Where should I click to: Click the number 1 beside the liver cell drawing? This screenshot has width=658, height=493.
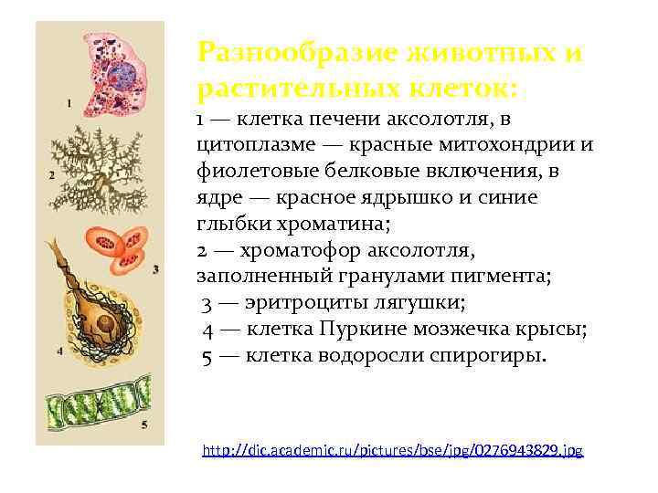(x=69, y=103)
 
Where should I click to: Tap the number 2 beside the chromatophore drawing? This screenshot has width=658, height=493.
(x=51, y=173)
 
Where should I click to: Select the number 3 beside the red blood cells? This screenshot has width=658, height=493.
(x=156, y=269)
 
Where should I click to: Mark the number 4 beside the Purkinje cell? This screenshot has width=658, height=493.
(x=58, y=350)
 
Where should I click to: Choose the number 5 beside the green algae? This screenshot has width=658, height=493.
(x=143, y=425)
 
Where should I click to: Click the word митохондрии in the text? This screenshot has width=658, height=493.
(x=518, y=144)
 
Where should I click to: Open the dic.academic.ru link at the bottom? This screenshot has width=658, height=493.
(x=392, y=450)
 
